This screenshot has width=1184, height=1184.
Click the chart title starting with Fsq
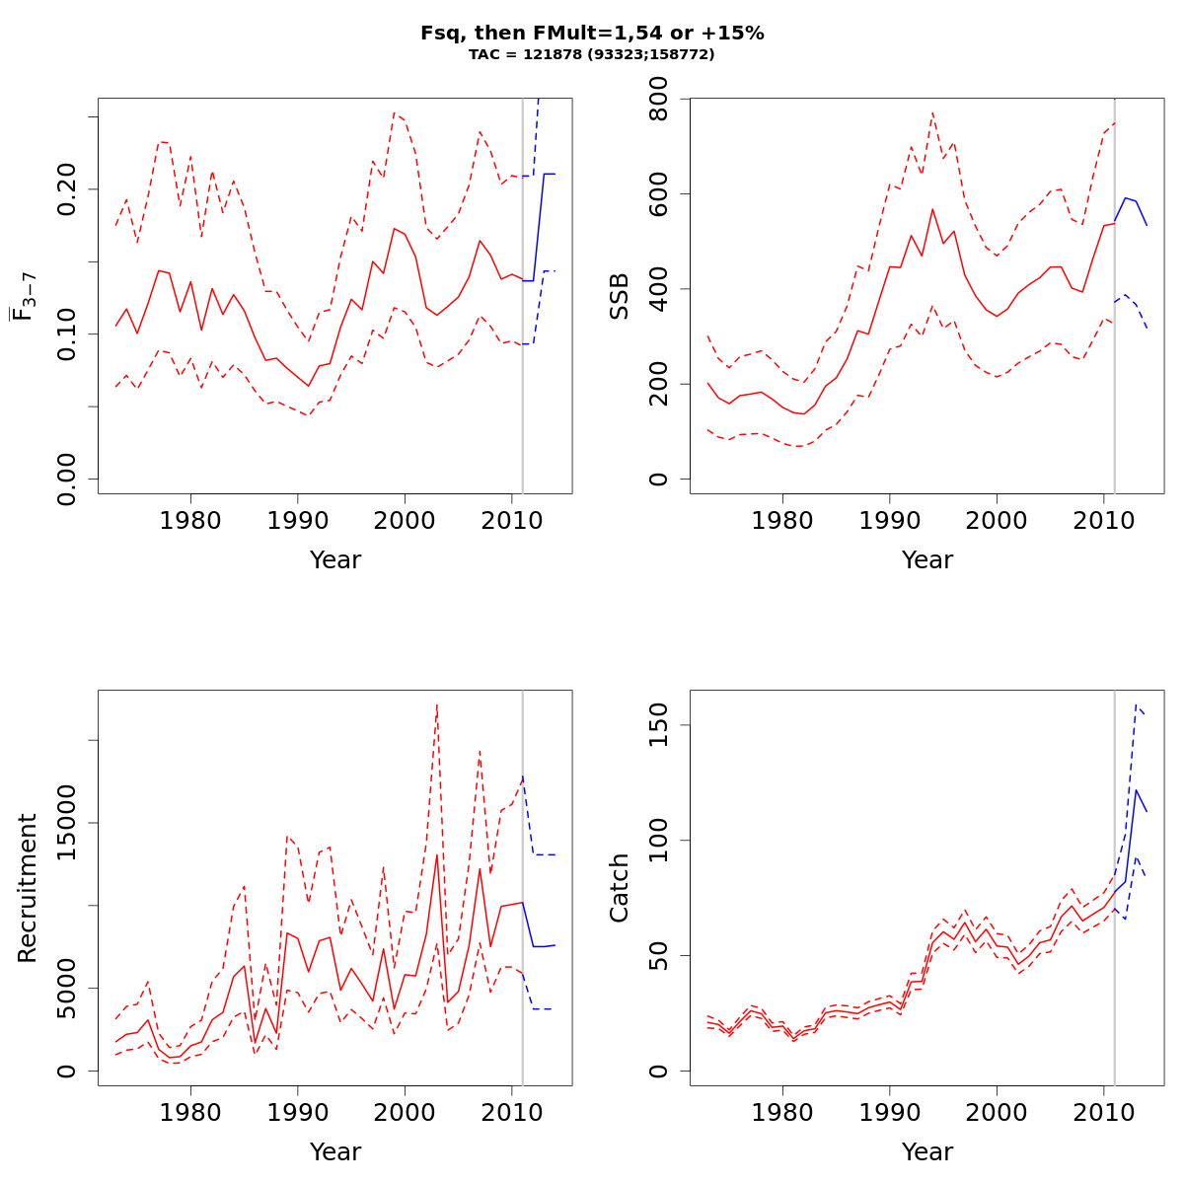click(592, 33)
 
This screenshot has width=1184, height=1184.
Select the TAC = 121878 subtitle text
click(592, 54)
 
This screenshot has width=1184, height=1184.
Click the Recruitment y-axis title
click(28, 888)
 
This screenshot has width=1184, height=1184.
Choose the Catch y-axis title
click(620, 888)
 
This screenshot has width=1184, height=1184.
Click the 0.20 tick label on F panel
click(67, 188)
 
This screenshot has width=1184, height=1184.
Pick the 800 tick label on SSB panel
click(659, 99)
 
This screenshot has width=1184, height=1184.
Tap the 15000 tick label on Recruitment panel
click(67, 823)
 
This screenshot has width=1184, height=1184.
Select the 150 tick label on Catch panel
click(659, 724)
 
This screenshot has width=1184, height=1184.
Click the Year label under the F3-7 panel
click(335, 560)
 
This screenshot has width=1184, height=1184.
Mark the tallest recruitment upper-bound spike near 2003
click(436, 704)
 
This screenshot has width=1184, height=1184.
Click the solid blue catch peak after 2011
click(1136, 789)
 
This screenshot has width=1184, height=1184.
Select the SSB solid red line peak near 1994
click(931, 209)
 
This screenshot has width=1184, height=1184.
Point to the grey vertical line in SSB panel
click(1114, 296)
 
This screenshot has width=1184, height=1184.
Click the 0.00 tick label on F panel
click(67, 479)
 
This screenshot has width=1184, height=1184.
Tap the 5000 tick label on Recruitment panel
click(67, 989)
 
